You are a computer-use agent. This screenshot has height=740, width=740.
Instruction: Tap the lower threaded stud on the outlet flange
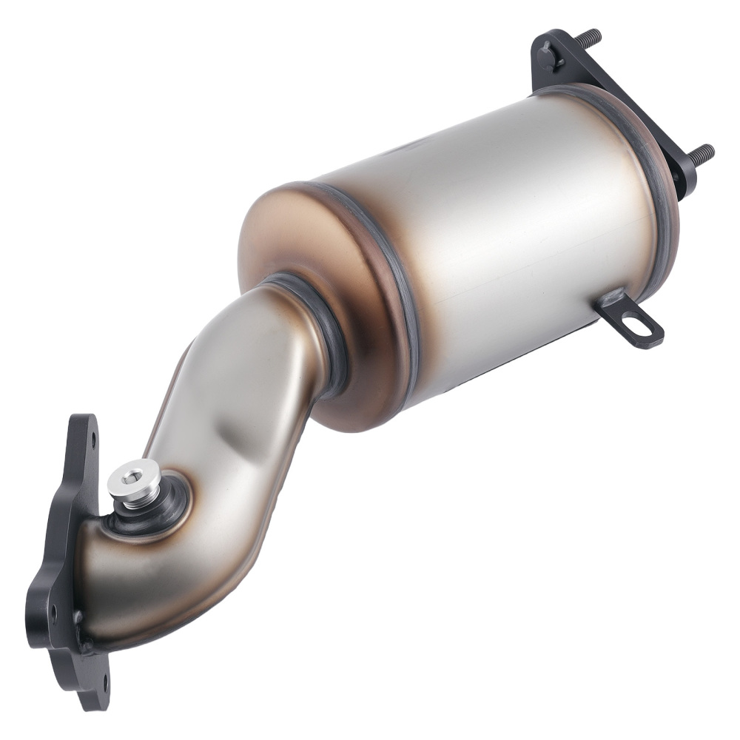(x=700, y=153)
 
